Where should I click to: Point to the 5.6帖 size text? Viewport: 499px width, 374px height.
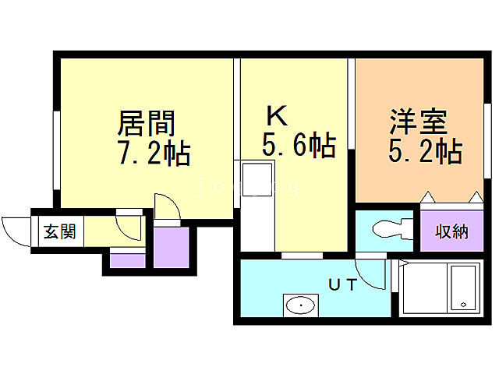click(299, 145)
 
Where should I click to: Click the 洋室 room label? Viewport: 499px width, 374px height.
click(418, 122)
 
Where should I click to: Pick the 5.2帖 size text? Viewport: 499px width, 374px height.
click(424, 150)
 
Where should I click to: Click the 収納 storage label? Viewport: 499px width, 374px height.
click(452, 231)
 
